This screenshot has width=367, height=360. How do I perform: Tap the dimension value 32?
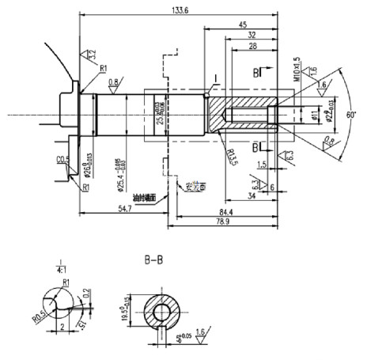point(251,35)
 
